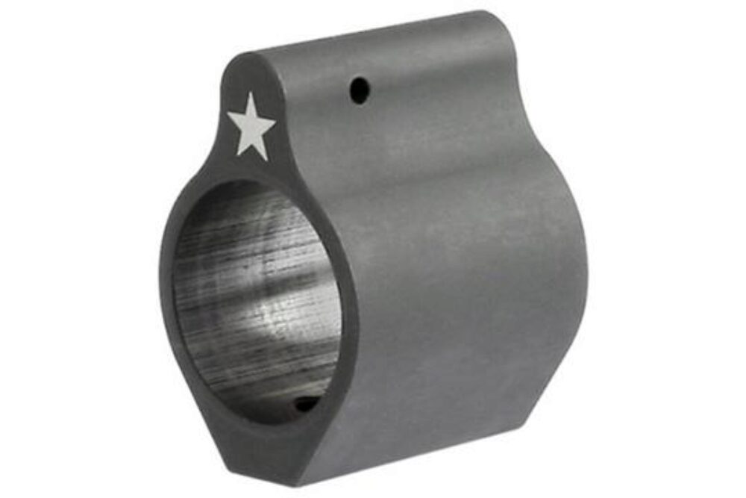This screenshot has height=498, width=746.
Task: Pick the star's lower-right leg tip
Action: (266, 160)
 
